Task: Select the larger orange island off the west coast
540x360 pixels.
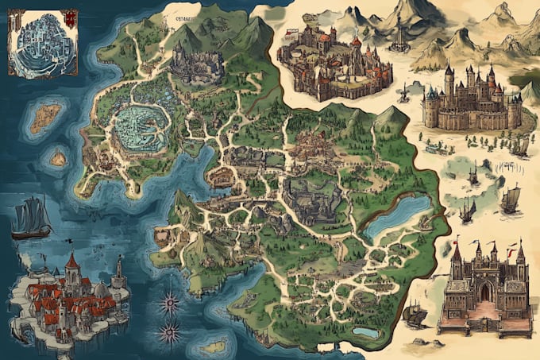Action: click(46, 117)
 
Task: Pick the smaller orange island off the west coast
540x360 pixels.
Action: click(59, 158)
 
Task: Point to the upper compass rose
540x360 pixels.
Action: click(169, 302)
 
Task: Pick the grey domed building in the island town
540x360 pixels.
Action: click(101, 291)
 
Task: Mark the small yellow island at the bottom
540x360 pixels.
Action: click(213, 346)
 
